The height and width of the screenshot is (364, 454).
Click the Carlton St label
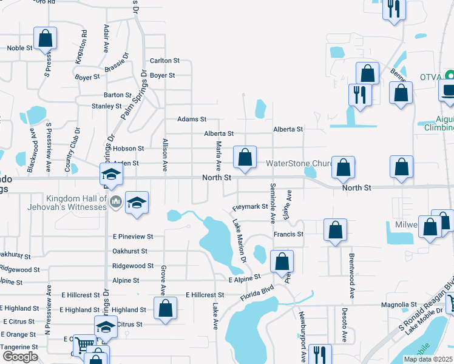(164, 61)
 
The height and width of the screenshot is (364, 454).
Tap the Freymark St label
(250, 207)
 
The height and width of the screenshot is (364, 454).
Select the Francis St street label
(288, 234)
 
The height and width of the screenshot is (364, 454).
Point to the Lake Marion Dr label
(239, 240)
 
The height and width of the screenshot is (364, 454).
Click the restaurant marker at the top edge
(393, 8)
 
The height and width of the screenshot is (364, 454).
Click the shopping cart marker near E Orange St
(84, 346)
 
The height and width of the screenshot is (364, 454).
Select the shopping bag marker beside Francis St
(335, 230)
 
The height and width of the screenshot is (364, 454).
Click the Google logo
(20, 357)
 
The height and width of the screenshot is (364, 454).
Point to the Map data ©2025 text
(429, 359)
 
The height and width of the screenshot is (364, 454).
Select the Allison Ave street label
(164, 155)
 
